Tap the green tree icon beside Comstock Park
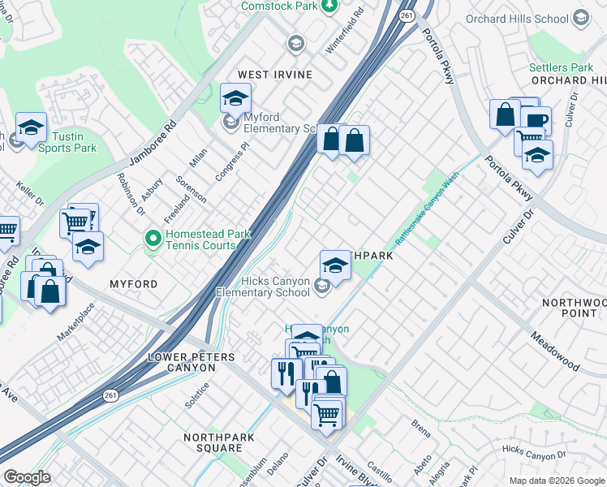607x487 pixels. pos(329,6)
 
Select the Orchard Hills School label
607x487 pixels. pos(517,18)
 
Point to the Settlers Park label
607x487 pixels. pos(561,67)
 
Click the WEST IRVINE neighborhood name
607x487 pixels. pos(274,75)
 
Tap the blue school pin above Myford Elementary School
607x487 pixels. pos(235,99)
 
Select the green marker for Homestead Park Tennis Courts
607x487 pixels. pos(152,238)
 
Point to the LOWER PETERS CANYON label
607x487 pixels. pos(180,362)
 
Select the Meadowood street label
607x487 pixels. pos(556,351)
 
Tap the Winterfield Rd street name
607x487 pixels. pos(344,34)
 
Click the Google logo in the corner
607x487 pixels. pos(27,477)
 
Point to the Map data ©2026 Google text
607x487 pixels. pos(556,481)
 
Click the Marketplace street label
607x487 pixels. pos(75,323)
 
